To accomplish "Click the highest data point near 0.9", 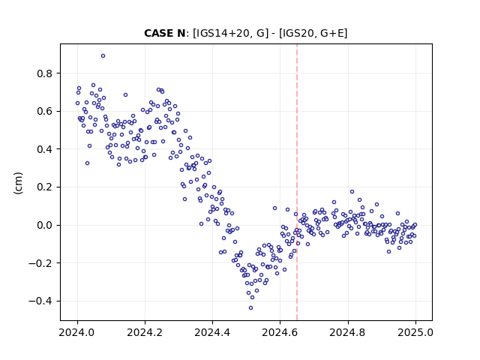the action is tap(103, 56).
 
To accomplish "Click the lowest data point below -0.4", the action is tap(250, 308).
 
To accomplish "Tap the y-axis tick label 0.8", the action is tap(44, 73).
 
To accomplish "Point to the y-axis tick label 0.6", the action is tap(44, 112).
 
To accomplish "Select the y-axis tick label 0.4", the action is tap(44, 149).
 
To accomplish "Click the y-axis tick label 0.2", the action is tap(44, 187).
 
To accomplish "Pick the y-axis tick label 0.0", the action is tap(44, 225).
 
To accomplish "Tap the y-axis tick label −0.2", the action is tap(40, 263).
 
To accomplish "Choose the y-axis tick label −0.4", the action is tap(40, 301).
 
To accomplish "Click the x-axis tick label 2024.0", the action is tap(76, 332).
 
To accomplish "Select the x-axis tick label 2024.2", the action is tap(145, 332).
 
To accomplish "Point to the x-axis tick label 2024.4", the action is tap(212, 332).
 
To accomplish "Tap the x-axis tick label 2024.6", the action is tap(280, 332).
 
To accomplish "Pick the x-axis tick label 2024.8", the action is tap(347, 332).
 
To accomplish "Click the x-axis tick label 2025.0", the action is tap(415, 332).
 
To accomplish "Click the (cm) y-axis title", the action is tap(18, 183).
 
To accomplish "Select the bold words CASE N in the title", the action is tap(165, 33).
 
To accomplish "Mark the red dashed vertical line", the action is tap(297, 182).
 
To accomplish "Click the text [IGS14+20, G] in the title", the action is tap(230, 33).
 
